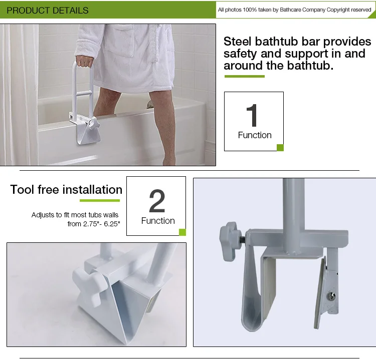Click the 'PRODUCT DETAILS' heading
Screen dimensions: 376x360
[48, 11]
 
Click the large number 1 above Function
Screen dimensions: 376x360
[252, 116]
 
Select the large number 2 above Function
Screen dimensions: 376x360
[157, 201]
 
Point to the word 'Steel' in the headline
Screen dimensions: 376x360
[238, 42]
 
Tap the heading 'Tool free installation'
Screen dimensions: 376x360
[66, 189]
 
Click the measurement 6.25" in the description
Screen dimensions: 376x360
[112, 224]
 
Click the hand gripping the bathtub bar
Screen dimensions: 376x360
[84, 61]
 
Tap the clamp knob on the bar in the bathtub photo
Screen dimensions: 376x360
[94, 124]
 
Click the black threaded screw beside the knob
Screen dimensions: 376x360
[243, 239]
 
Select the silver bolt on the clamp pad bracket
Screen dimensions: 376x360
[331, 296]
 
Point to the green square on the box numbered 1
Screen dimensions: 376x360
[280, 148]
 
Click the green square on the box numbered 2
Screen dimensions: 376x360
[182, 232]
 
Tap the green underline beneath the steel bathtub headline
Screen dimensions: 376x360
[245, 77]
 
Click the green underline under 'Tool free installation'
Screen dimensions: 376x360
[100, 200]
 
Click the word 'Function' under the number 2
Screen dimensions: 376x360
[158, 221]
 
